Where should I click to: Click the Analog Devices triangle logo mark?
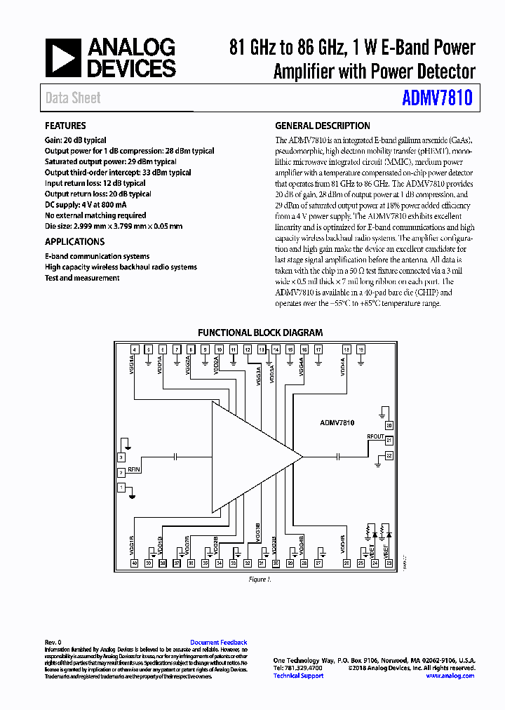tap(62, 58)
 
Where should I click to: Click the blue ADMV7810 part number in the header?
tap(437, 98)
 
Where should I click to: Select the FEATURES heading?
tap(65, 126)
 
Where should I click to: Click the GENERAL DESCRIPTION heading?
tap(323, 126)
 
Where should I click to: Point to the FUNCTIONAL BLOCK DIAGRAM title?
tap(260, 333)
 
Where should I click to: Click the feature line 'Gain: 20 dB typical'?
tap(76, 140)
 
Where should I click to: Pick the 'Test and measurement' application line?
tap(82, 278)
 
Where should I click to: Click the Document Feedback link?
tap(219, 643)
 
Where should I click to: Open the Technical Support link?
tap(298, 676)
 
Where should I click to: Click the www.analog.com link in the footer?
tap(450, 676)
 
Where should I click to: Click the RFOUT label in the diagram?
tap(375, 436)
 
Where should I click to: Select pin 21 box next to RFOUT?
tap(389, 441)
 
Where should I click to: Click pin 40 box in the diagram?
tap(134, 563)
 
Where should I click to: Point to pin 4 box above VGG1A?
tap(134, 349)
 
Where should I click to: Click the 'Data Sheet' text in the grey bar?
tap(73, 98)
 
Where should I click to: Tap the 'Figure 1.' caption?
tap(260, 580)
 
